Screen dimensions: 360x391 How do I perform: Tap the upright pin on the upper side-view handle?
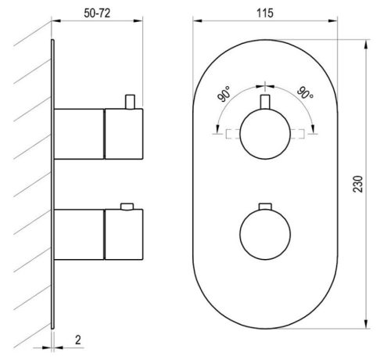[x=131, y=102]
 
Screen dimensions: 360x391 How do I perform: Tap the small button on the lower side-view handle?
[x=124, y=207]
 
